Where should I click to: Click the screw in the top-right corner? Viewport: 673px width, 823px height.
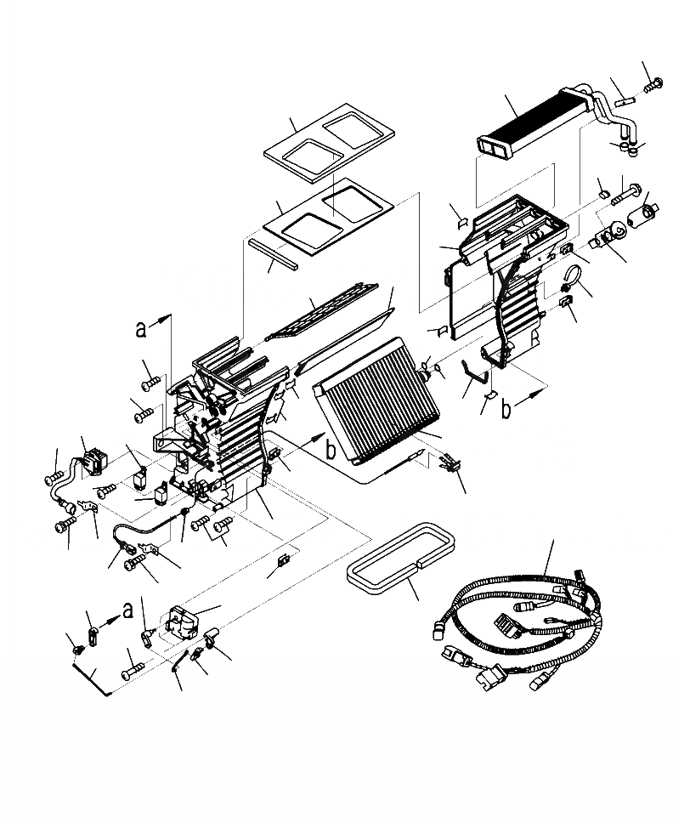[x=654, y=84]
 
